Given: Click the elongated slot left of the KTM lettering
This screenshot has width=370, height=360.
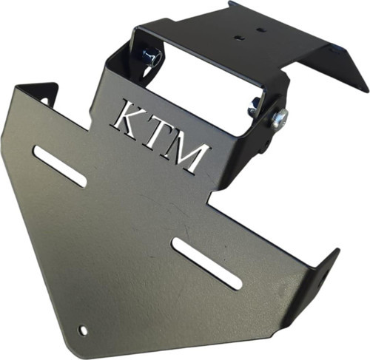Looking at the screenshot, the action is pos(61,166).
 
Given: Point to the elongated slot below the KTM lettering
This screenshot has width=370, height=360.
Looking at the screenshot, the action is pos(207,263).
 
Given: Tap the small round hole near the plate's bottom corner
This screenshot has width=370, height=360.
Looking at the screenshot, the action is pos(83,330).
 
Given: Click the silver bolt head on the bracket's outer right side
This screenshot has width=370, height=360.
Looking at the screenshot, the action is pos(280,118).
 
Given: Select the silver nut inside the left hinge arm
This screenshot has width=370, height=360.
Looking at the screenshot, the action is pos(151,57).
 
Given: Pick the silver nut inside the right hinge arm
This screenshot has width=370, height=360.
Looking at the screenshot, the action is pos(255,106).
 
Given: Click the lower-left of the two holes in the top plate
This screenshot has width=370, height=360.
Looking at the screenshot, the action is pos(238,38).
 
